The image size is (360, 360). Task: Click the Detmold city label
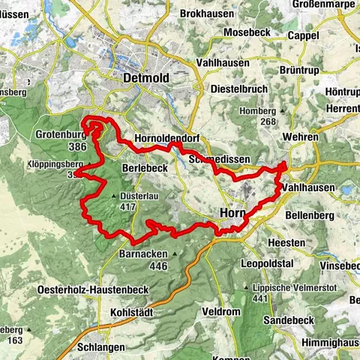[147, 79]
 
